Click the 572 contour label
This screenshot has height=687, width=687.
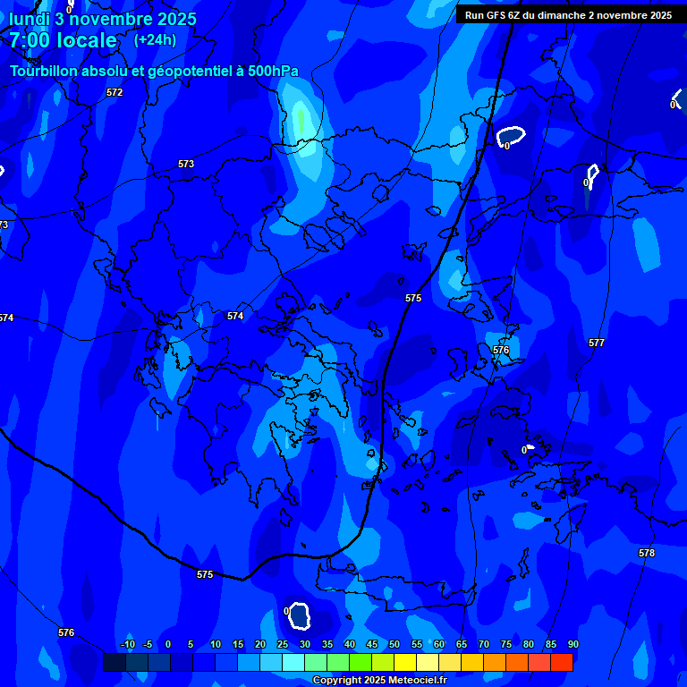coord(114,92)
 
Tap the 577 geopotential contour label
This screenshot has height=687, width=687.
coord(597,343)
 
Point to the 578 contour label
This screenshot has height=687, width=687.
coord(647,553)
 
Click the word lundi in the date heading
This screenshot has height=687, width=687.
coord(30,19)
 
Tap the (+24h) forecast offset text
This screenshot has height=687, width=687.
coord(155,39)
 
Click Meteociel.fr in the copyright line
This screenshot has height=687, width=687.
coord(412,681)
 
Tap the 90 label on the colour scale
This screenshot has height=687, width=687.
coord(572,644)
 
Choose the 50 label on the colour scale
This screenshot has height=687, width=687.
coord(394,644)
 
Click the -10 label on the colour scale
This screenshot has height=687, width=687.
coord(127,644)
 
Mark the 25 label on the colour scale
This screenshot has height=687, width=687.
coord(282,644)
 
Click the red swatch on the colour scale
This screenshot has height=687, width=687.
coord(561,662)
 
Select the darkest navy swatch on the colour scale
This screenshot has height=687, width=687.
coord(114,662)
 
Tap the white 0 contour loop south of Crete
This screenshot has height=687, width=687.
coord(298,615)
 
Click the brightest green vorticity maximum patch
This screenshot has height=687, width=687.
coord(301,120)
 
